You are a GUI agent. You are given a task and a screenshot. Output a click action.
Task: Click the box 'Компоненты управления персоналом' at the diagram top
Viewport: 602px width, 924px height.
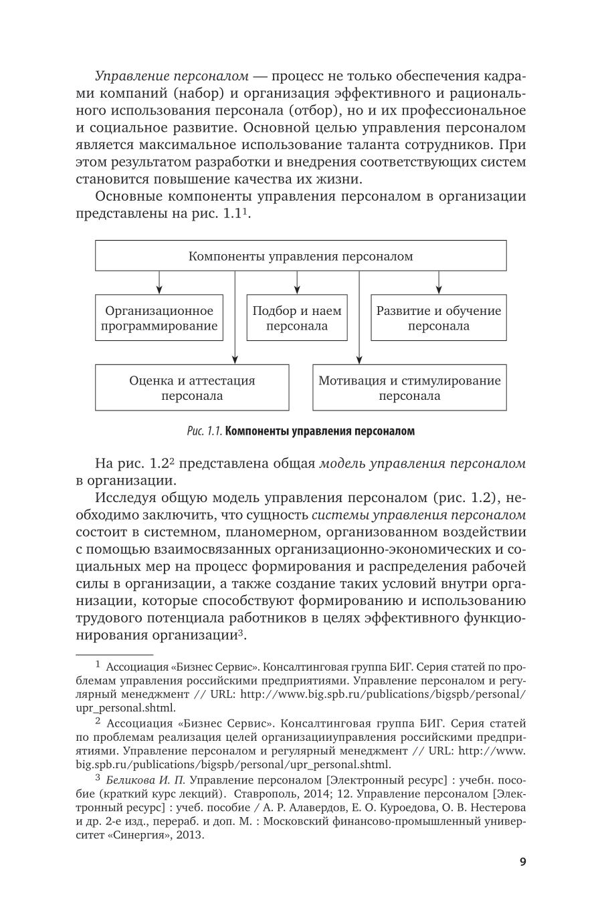pyautogui.click(x=300, y=256)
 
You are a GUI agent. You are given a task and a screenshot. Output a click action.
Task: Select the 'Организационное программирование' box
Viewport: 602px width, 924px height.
pyautogui.click(x=159, y=318)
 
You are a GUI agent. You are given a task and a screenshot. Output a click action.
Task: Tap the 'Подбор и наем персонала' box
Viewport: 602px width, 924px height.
pyautogui.click(x=297, y=318)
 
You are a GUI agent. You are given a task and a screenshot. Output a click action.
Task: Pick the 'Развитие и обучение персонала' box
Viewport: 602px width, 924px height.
pyautogui.click(x=438, y=318)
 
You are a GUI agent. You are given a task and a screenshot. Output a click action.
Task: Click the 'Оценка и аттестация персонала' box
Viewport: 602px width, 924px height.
pyautogui.click(x=192, y=388)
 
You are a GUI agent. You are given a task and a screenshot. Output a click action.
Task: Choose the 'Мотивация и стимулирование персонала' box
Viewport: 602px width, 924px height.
pyautogui.click(x=409, y=388)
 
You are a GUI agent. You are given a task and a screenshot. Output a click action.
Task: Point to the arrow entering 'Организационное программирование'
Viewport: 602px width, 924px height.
pyautogui.click(x=159, y=290)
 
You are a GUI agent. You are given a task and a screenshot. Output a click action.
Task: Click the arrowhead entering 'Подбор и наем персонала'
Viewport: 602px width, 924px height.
pyautogui.click(x=297, y=290)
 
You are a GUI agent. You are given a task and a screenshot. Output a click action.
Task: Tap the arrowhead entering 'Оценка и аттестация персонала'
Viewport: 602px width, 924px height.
pyautogui.click(x=235, y=360)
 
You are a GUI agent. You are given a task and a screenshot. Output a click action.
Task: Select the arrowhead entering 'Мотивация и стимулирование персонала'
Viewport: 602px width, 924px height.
pyautogui.click(x=359, y=360)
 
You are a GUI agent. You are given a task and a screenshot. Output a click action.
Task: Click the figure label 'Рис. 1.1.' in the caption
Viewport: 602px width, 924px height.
pyautogui.click(x=205, y=431)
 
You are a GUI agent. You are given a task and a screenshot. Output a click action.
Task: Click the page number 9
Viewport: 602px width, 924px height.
pyautogui.click(x=522, y=862)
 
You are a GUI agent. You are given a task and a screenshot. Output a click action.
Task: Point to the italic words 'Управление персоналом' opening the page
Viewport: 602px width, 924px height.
pyautogui.click(x=172, y=76)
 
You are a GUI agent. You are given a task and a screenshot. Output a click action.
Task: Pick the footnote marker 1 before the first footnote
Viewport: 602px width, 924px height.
pyautogui.click(x=98, y=665)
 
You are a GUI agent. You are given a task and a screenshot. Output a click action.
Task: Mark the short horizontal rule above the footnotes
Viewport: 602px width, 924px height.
pyautogui.click(x=113, y=654)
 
